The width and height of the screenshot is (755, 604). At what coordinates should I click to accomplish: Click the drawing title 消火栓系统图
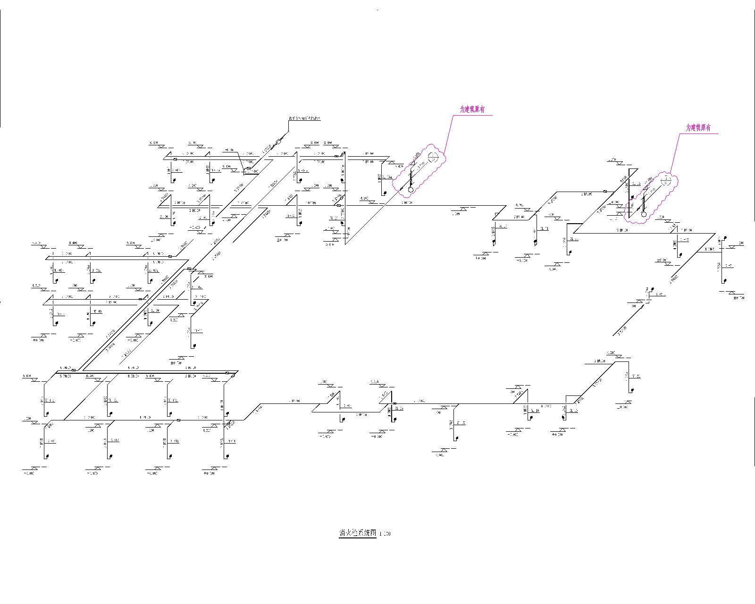[357, 533]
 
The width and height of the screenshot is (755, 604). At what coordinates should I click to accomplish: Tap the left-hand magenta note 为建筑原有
[472, 109]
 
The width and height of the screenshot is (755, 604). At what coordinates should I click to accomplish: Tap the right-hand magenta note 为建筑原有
[698, 127]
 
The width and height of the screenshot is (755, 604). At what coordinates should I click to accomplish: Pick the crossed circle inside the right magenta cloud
[666, 181]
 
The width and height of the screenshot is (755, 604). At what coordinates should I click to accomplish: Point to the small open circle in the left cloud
[411, 189]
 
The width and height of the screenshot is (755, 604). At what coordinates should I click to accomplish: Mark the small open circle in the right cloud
[644, 214]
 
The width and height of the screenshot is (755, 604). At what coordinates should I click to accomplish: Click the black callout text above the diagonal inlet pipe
[304, 118]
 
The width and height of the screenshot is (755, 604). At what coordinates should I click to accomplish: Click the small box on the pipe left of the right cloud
[605, 192]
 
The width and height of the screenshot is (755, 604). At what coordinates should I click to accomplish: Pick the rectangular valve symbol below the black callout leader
[278, 141]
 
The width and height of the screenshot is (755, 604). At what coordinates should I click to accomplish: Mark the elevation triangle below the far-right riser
[734, 293]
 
